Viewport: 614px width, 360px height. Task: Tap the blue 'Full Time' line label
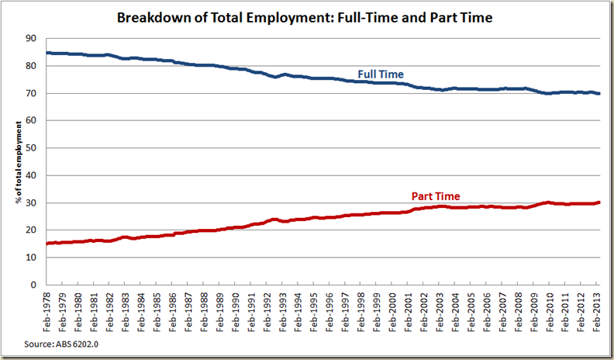pos(381,74)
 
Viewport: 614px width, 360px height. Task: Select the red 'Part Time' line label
pos(435,196)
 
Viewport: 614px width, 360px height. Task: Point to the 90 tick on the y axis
pos(31,38)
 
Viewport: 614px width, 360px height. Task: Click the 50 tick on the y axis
pos(31,147)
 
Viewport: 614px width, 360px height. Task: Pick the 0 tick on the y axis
pos(33,285)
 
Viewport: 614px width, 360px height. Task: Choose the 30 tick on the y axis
pos(31,202)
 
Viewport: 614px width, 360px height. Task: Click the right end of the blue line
pos(598,93)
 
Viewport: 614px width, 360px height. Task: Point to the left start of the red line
pos(47,244)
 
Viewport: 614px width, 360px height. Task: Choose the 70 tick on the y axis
pos(31,93)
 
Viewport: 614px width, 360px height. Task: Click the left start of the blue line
pos(47,53)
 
